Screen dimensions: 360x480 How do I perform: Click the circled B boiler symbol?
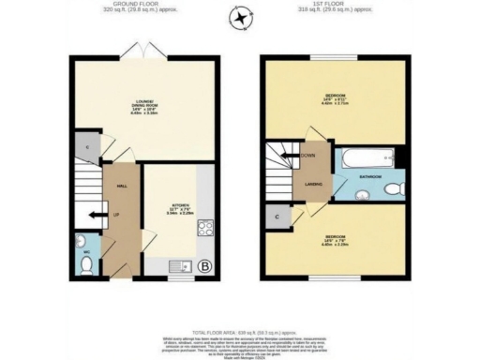tap(205, 271)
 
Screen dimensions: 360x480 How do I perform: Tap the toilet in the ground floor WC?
tap(86, 264)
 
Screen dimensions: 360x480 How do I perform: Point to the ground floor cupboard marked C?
tap(86, 147)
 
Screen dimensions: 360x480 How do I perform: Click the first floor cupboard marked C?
tap(277, 217)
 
